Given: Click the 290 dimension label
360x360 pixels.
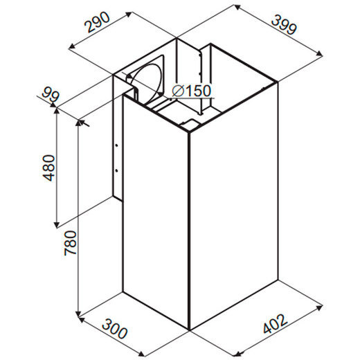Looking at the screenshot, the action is (x=97, y=22).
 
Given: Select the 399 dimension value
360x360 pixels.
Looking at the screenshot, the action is (x=284, y=25).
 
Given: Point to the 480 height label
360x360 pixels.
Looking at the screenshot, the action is (x=48, y=168).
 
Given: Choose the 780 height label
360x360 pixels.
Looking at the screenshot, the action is (x=71, y=243).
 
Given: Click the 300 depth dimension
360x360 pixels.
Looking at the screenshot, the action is (x=115, y=328).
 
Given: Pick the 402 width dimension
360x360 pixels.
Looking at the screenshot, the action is (x=276, y=323).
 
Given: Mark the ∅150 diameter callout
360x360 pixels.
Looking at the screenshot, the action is (x=192, y=91).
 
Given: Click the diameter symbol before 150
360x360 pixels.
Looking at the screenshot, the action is (x=178, y=91).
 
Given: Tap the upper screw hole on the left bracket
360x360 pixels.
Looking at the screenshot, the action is (x=117, y=145).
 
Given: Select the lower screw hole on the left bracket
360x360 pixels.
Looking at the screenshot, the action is (x=117, y=170).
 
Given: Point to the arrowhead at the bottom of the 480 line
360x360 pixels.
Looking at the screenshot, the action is (x=57, y=225).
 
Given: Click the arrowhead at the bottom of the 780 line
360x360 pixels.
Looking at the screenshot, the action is (x=79, y=314).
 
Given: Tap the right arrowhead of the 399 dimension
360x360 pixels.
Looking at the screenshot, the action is (x=319, y=54).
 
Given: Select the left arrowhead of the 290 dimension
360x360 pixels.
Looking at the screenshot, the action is (x=73, y=47).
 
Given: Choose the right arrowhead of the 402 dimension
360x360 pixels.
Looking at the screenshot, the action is (x=319, y=307).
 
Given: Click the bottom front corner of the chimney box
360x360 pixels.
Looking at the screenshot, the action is (x=189, y=330).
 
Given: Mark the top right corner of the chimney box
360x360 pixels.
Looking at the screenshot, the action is (x=278, y=82).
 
